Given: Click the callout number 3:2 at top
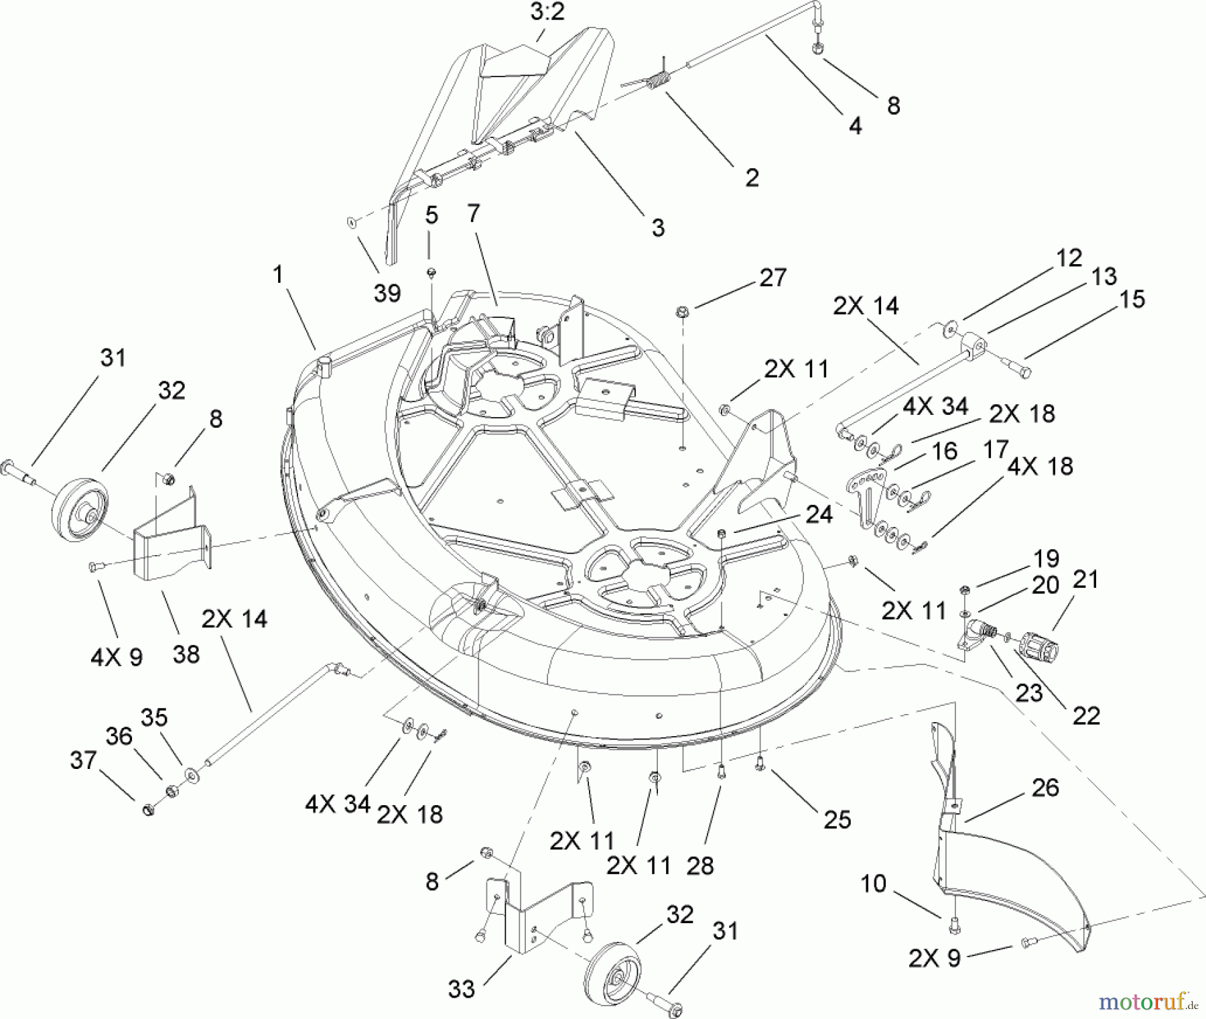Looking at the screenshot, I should coord(547,12).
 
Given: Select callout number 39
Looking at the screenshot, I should coord(387,292).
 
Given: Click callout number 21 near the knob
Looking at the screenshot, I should coord(1086,579).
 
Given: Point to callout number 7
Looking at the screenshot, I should coord(474,214).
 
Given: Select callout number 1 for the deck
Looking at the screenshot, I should coord(279,274).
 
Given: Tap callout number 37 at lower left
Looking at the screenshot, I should coord(83,760).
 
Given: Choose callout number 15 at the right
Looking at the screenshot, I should coord(1132,299).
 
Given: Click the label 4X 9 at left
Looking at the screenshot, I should coord(117,658).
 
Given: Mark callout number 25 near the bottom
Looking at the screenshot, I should coord(837,819).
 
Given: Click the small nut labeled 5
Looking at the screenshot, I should coord(432,272).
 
